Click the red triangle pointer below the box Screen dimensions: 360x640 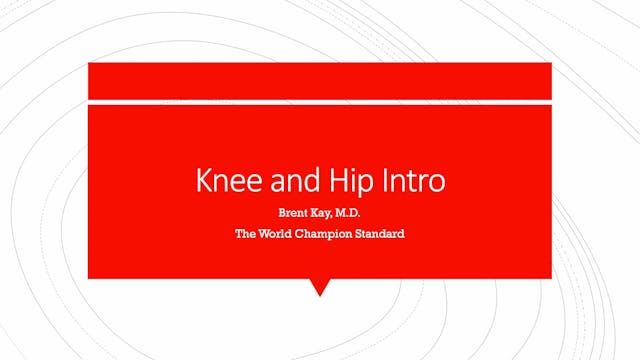pos(320,287)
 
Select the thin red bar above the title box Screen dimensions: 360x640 pos(320,80)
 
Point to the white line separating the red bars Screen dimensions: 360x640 pos(320,100)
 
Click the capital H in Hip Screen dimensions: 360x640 pos(329,182)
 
